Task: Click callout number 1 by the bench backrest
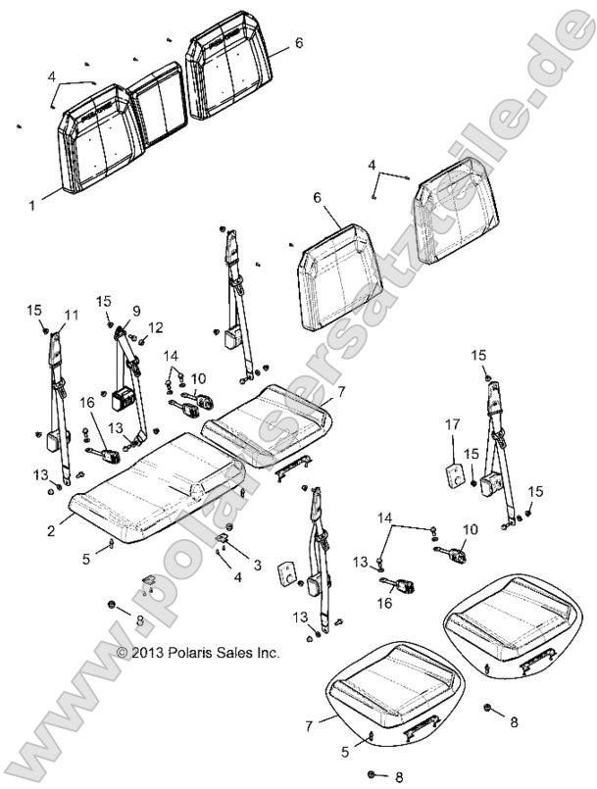pyautogui.click(x=31, y=206)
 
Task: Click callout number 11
pyautogui.click(x=70, y=314)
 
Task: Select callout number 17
pyautogui.click(x=453, y=425)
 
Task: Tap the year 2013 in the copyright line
pyautogui.click(x=148, y=652)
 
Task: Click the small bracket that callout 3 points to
pyautogui.click(x=224, y=537)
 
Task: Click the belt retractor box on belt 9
pyautogui.click(x=124, y=399)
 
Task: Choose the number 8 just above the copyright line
pyautogui.click(x=139, y=621)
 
